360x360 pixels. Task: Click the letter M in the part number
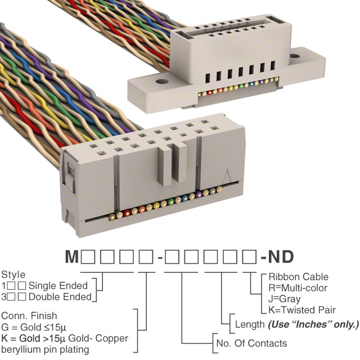[72, 258]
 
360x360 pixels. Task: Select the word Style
[13, 275]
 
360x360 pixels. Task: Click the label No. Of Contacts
[251, 343]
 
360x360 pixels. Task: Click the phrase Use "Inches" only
[313, 325]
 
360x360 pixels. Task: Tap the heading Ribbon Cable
[298, 277]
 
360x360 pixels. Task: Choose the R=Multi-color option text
[299, 287]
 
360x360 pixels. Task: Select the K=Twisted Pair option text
[302, 310]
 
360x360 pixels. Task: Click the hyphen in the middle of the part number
[161, 258]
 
